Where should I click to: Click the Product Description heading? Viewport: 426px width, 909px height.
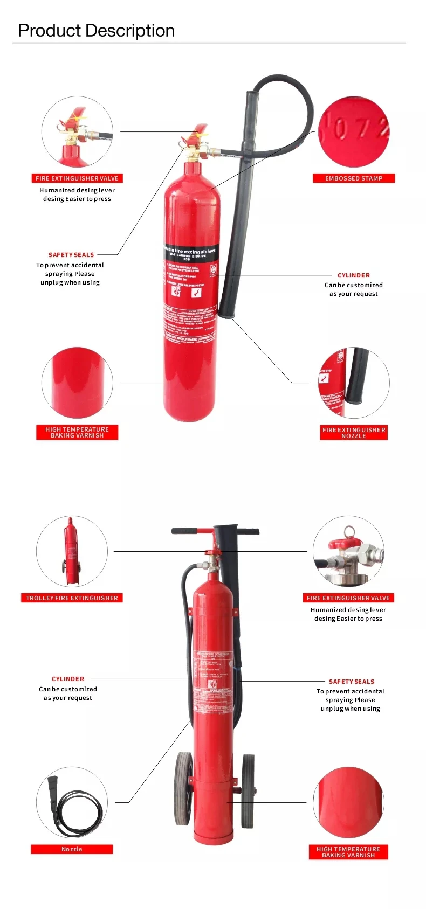click(97, 31)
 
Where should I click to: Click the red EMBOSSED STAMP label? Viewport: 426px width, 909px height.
click(354, 178)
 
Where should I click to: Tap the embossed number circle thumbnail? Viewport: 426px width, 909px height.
click(354, 132)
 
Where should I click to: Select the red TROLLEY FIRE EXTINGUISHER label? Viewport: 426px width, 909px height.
click(72, 598)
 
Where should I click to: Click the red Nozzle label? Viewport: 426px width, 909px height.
click(72, 849)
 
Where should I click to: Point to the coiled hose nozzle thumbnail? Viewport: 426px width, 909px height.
click(72, 802)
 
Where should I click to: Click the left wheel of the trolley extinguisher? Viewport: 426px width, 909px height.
click(184, 790)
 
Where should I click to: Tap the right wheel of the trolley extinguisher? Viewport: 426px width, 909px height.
click(248, 790)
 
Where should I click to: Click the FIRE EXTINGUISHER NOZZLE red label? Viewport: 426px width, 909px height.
click(354, 433)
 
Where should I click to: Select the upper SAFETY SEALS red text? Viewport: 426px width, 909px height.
click(71, 255)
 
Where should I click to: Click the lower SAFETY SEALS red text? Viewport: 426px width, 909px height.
click(352, 682)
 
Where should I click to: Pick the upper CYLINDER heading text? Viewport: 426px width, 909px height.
click(354, 275)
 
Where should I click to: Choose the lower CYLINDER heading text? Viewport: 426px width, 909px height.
click(68, 679)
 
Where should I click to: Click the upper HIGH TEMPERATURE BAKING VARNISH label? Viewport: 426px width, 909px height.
click(77, 433)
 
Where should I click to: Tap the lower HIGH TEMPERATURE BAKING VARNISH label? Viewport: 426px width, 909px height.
click(348, 852)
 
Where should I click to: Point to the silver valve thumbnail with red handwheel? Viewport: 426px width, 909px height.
click(348, 552)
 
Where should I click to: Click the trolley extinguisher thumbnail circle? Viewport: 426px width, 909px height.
click(72, 551)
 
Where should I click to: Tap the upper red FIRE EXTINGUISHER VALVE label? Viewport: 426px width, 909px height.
click(77, 178)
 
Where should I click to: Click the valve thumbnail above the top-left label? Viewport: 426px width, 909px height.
click(77, 132)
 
